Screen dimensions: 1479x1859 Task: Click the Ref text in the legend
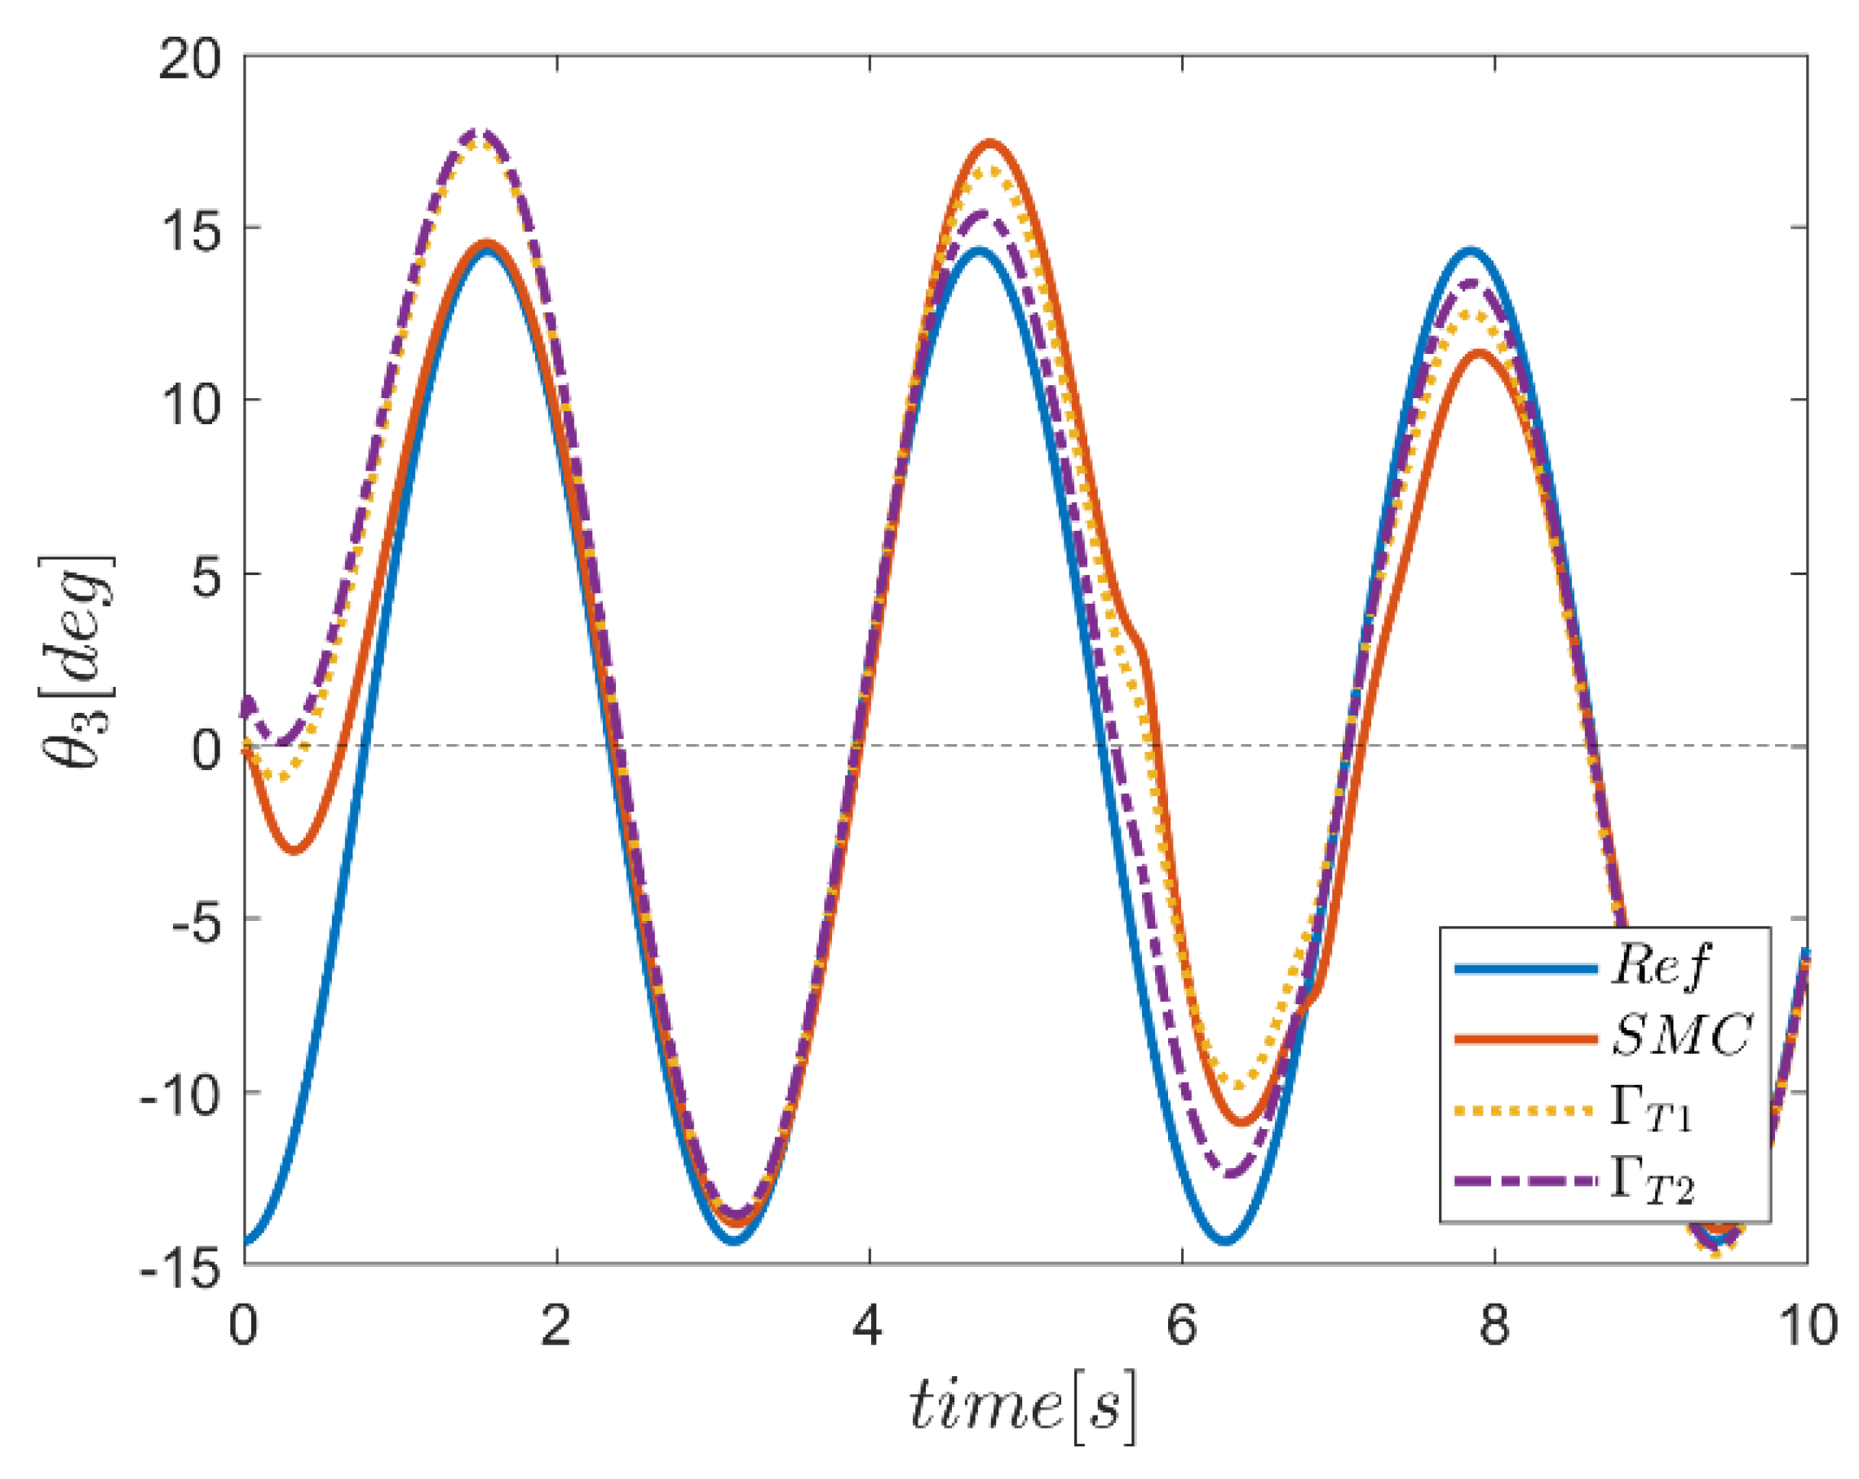pyautogui.click(x=1660, y=965)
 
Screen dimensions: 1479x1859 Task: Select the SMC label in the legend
pyautogui.click(x=1681, y=1035)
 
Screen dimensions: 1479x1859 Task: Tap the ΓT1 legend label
pyautogui.click(x=1651, y=1111)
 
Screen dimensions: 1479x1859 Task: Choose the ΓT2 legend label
pyautogui.click(x=1652, y=1183)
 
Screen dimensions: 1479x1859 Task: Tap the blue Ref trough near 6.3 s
pyautogui.click(x=1225, y=1241)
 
